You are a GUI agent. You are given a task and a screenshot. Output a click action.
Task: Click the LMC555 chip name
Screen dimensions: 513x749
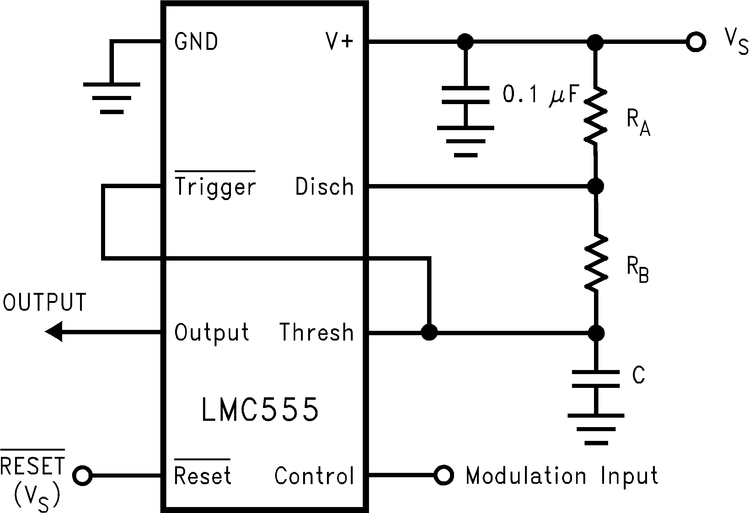pos(260,410)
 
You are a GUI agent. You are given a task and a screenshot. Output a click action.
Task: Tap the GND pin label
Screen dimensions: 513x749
pos(196,42)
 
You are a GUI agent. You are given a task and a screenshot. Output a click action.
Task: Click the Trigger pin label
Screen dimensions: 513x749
pos(215,187)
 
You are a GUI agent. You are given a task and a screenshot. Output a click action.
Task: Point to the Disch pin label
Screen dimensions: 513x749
pos(324,187)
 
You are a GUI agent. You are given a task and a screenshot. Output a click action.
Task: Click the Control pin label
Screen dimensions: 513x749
pos(314,476)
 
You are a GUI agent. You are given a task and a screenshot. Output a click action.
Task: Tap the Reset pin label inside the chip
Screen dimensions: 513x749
pos(202,476)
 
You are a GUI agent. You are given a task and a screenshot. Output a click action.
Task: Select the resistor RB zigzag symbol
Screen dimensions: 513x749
pos(596,262)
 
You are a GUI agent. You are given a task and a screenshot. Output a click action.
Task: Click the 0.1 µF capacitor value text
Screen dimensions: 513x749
pos(541,94)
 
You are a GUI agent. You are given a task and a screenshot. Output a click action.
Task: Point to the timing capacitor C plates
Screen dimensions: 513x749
pos(596,379)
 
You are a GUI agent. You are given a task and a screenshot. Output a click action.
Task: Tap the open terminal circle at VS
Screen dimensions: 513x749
pos(696,42)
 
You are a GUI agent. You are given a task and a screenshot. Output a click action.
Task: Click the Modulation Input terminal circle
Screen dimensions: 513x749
pos(444,475)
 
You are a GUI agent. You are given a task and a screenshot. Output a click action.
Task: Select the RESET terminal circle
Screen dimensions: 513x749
pos(83,475)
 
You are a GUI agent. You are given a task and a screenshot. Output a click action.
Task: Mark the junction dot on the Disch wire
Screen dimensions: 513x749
pos(596,186)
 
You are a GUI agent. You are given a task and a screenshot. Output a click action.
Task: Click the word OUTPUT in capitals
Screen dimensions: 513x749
pos(45,302)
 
